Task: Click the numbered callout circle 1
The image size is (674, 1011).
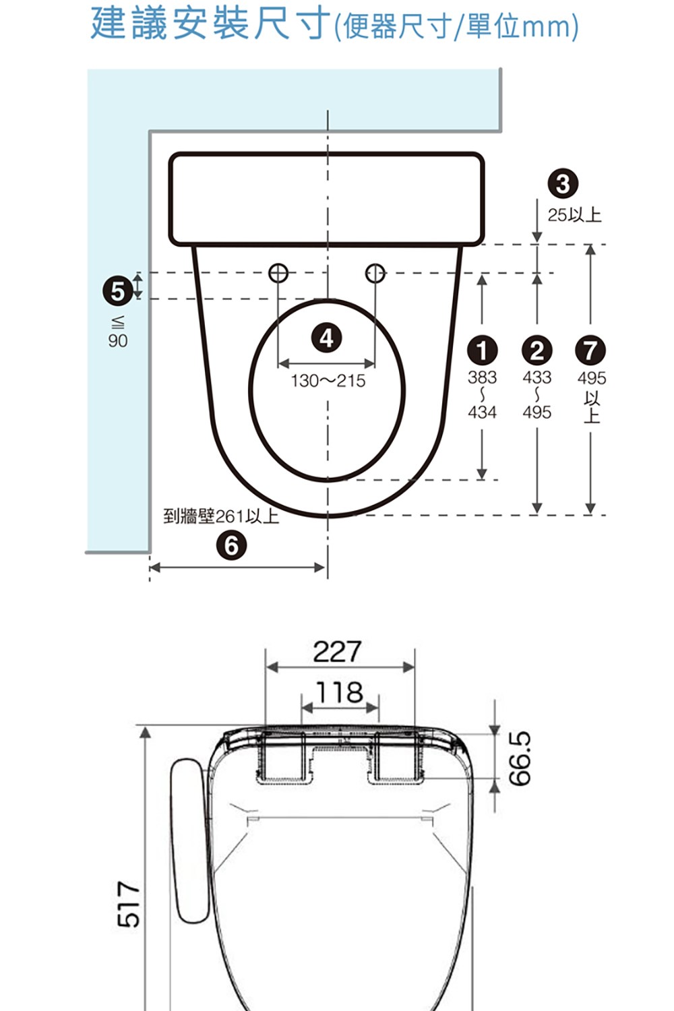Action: (x=482, y=350)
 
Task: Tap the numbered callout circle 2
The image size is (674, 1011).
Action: (x=537, y=350)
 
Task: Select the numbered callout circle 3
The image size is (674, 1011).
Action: (x=563, y=184)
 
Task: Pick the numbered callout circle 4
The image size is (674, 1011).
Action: (x=327, y=338)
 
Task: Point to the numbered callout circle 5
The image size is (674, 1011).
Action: (x=118, y=291)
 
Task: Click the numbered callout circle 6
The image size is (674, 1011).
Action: (x=231, y=546)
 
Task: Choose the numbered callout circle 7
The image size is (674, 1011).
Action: (x=590, y=350)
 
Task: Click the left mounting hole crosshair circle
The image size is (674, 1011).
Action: (x=278, y=273)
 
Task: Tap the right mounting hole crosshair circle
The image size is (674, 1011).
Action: (x=375, y=273)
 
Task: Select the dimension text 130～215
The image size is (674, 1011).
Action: (x=328, y=381)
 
